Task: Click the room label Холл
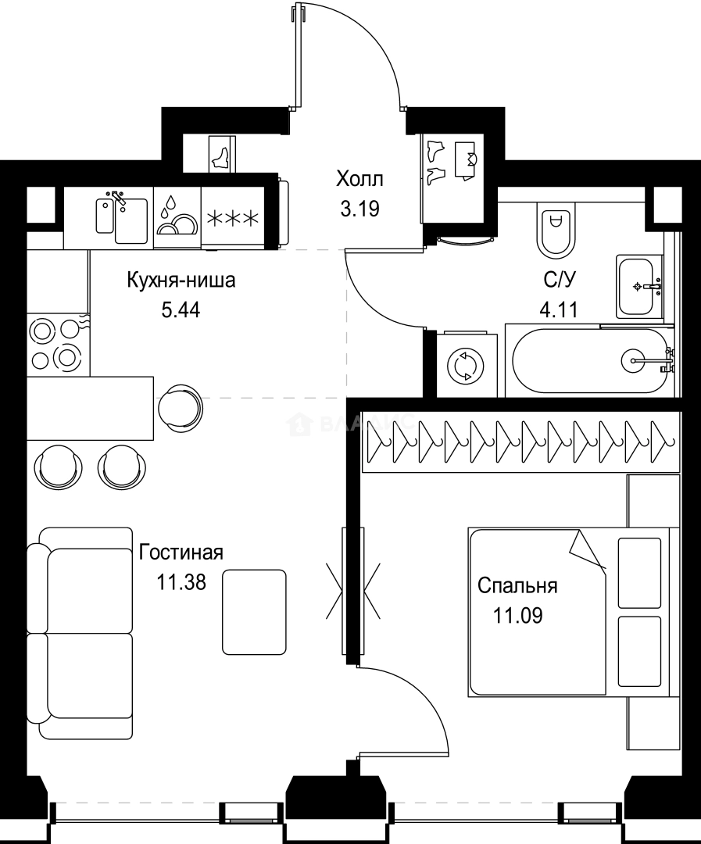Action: [359, 180]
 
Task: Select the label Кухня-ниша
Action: [181, 280]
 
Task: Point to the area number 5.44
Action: [181, 310]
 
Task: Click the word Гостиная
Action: [181, 553]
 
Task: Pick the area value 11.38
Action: [181, 582]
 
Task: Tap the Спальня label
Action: [517, 585]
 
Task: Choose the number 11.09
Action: [517, 615]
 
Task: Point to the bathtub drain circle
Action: [633, 360]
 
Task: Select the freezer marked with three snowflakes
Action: [232, 217]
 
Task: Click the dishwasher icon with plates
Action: [177, 217]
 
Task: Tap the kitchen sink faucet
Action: [119, 198]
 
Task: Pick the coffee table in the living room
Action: [254, 612]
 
